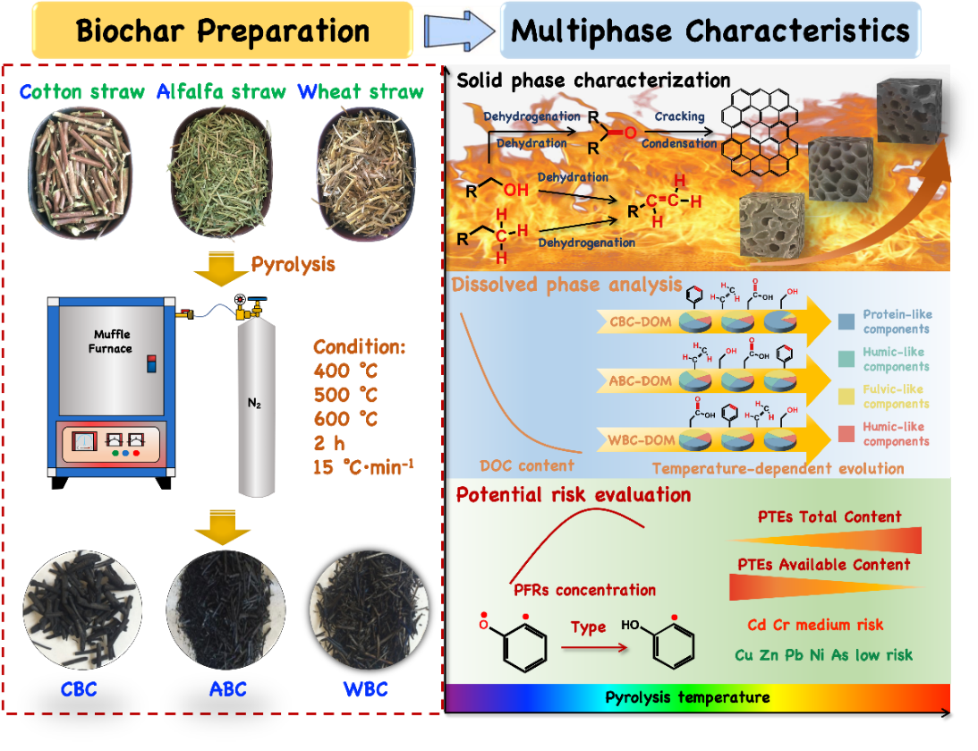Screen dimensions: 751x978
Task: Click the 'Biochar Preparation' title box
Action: tap(222, 30)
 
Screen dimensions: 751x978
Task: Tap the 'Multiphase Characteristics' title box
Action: tap(710, 30)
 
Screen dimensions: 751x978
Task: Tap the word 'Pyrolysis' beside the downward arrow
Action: tap(292, 264)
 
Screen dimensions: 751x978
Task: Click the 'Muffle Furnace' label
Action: tap(112, 342)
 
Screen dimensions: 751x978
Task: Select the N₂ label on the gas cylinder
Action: tap(254, 403)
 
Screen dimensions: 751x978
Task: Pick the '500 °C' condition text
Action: tap(345, 395)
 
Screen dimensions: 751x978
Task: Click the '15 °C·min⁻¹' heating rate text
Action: tap(363, 467)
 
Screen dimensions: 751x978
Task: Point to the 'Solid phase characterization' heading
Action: tap(593, 81)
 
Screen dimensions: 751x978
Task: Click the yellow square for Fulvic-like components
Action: tap(847, 397)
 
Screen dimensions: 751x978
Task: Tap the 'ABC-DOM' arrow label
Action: tap(639, 380)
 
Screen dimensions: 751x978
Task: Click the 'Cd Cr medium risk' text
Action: tap(814, 625)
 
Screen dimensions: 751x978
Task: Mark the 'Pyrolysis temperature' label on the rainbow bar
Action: tap(687, 697)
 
